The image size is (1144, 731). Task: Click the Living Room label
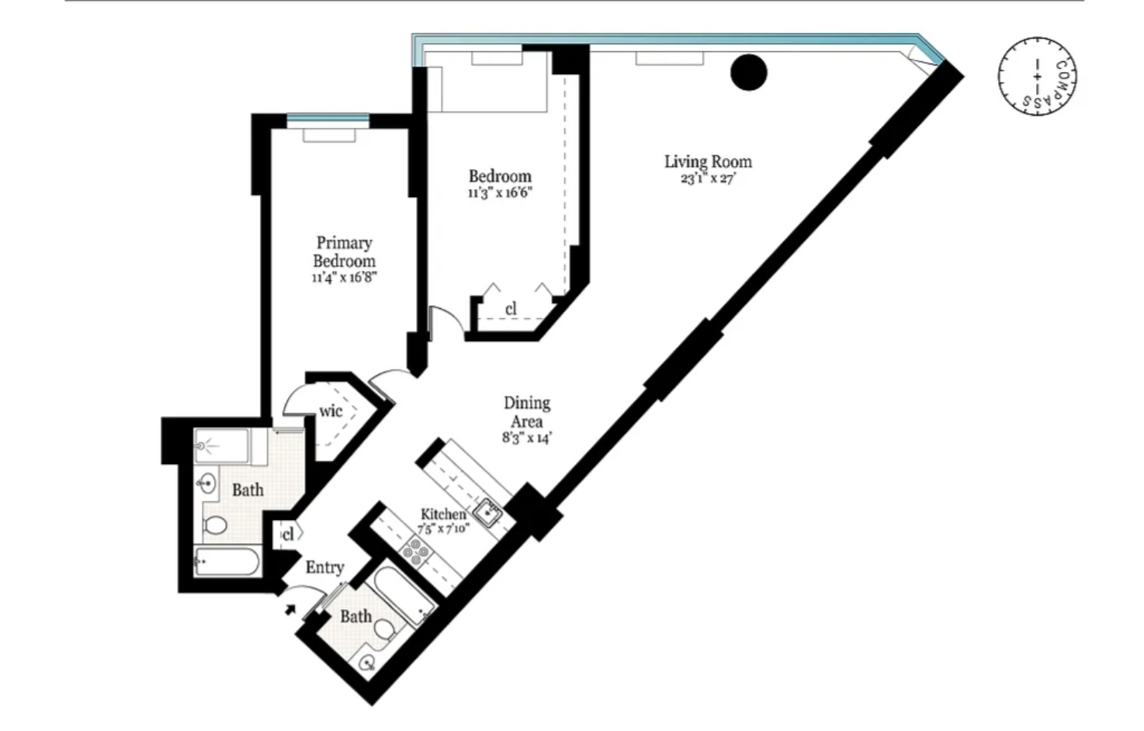tap(708, 162)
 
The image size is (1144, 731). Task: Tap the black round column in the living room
tap(749, 72)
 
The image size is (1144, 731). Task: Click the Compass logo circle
tap(1037, 77)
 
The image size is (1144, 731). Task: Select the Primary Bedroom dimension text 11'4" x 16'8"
tap(345, 278)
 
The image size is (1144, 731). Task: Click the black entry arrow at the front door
tap(290, 609)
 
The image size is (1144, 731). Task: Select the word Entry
tap(325, 567)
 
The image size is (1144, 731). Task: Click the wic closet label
tap(331, 411)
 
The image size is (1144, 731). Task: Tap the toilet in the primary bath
tap(214, 525)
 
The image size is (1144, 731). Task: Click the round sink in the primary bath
tap(206, 483)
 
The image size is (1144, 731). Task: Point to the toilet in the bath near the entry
tap(383, 629)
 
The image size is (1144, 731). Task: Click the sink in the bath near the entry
tap(367, 663)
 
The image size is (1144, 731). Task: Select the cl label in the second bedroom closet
tap(511, 309)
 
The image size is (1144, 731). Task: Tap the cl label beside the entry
tap(288, 535)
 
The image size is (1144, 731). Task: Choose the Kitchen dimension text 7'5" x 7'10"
tap(443, 529)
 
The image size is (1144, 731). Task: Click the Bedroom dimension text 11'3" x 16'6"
tap(501, 193)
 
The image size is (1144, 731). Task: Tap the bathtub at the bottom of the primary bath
tap(227, 562)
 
